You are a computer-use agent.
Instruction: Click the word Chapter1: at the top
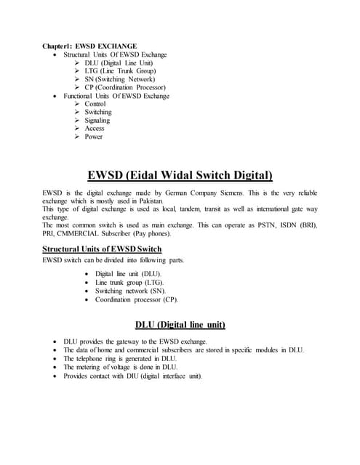(57, 45)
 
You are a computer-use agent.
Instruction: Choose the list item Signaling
(97, 121)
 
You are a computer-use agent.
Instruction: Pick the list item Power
(94, 137)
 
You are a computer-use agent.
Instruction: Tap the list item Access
(95, 129)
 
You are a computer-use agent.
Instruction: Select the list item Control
(95, 105)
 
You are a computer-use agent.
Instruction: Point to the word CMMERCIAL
(80, 235)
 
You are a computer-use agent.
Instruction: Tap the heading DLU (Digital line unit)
(180, 323)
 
